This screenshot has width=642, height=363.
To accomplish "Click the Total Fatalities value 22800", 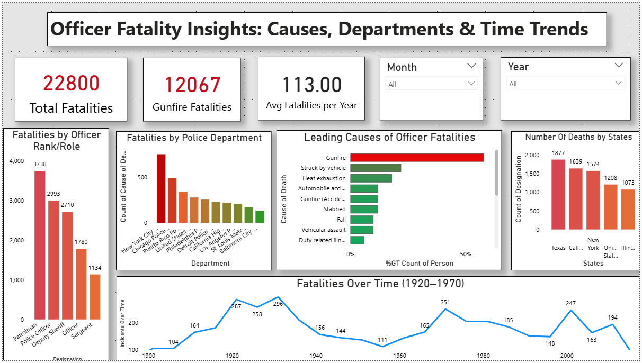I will (71, 84).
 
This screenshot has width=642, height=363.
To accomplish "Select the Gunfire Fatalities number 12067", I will (192, 85).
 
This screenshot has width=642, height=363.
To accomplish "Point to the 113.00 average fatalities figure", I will (311, 85).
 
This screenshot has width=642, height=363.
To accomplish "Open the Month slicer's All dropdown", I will (431, 84).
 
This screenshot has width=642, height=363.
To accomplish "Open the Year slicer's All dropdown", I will (566, 84).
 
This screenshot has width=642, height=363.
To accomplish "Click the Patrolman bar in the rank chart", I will (40, 243).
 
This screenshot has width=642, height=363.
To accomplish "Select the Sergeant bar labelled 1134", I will (94, 296).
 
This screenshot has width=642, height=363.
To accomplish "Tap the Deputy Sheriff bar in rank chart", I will (67, 265).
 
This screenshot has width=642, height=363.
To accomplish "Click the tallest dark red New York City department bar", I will (161, 188).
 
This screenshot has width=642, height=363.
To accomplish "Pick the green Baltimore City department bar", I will (260, 216).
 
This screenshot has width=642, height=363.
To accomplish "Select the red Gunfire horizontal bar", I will (417, 158).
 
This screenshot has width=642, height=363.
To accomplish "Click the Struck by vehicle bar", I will (376, 168).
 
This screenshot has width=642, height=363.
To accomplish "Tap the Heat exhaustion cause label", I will (324, 178).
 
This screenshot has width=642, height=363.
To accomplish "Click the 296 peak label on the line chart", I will (279, 304).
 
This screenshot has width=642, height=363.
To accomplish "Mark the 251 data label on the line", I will (445, 302).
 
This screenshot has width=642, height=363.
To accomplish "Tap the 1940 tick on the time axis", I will (316, 356).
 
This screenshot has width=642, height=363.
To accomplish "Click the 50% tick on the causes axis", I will (466, 255).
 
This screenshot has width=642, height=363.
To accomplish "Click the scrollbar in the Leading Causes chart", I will (496, 172).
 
